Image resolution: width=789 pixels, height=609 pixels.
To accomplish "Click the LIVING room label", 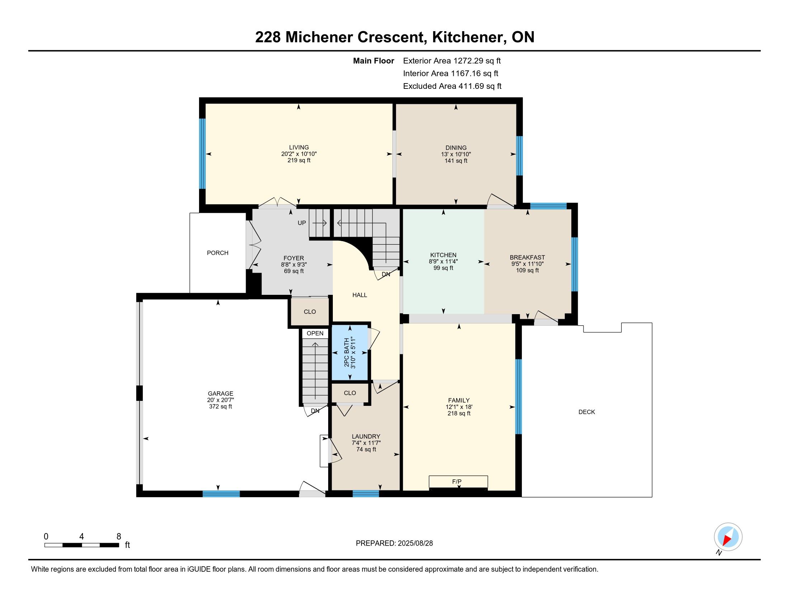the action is (299, 147).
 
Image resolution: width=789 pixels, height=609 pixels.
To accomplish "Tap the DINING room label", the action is (456, 148).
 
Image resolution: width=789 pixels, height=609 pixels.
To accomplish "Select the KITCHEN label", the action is (443, 255).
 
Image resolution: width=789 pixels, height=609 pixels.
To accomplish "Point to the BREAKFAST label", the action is (527, 257).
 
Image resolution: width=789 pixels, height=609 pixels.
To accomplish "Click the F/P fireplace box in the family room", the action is (458, 481).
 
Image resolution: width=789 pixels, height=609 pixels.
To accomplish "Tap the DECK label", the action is (587, 412).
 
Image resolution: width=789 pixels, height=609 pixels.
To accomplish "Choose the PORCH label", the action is (217, 253).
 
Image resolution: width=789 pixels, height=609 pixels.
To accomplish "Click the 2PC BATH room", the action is (350, 353).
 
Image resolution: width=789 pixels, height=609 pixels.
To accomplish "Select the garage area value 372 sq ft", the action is (220, 407).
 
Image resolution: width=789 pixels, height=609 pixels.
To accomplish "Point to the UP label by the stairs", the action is (302, 223).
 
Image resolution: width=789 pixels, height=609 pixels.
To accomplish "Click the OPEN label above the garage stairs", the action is (315, 334).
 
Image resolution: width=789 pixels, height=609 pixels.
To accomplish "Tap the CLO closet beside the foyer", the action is (310, 311).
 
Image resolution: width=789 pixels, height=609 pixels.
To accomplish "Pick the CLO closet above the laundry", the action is (350, 393).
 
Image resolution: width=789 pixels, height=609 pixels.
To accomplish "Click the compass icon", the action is (728, 537).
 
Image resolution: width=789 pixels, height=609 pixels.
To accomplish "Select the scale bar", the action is (82, 545).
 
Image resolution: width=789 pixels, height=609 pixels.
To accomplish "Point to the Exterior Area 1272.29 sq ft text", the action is (452, 61).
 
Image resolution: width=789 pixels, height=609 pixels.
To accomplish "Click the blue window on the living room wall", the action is (202, 154).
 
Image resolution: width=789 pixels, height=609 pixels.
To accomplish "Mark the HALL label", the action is (359, 295).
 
